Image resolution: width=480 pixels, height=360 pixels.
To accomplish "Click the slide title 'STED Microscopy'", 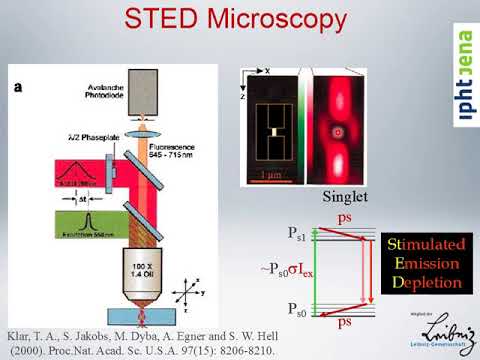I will pos(239,21).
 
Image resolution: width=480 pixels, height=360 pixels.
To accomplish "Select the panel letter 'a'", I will pos(17,87).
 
